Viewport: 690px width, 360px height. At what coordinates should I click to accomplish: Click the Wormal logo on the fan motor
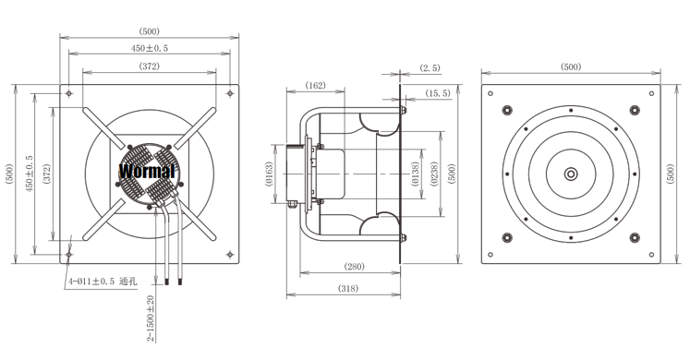click(148, 171)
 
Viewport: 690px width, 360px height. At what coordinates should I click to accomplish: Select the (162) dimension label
click(315, 85)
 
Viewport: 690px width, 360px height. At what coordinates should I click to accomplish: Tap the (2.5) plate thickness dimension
click(430, 68)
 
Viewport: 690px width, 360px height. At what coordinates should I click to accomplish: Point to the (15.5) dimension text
click(438, 93)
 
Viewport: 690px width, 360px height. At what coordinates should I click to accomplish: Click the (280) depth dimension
click(355, 267)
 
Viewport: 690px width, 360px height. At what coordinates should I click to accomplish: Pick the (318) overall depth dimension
click(347, 288)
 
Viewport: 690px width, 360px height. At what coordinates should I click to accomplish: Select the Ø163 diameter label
click(270, 174)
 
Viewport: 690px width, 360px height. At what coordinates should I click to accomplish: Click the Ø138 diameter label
click(415, 174)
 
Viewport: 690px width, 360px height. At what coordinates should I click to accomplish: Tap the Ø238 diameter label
click(433, 174)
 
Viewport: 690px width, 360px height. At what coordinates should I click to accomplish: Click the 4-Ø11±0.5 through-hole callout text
click(103, 282)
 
